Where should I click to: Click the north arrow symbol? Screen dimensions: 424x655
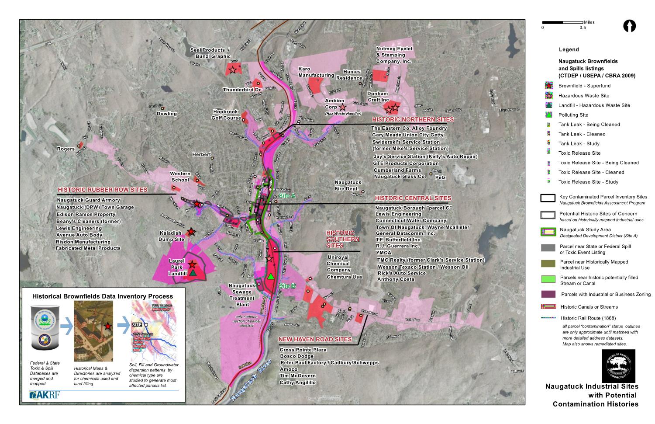[629, 26]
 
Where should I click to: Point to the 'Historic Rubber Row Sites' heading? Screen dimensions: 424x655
[102, 190]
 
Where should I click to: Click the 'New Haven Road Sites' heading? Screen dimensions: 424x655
[315, 339]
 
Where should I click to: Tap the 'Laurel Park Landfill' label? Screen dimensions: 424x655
[177, 267]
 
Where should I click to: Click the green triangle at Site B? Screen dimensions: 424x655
[271, 276]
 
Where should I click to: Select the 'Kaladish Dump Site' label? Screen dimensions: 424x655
[172, 236]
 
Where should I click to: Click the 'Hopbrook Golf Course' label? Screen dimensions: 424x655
[227, 115]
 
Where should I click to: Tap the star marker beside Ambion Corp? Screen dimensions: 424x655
[343, 107]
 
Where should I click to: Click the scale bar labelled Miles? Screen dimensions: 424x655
[562, 22]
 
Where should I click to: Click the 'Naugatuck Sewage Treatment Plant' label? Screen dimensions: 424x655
[241, 295]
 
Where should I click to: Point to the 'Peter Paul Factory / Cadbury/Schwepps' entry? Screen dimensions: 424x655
[329, 363]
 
